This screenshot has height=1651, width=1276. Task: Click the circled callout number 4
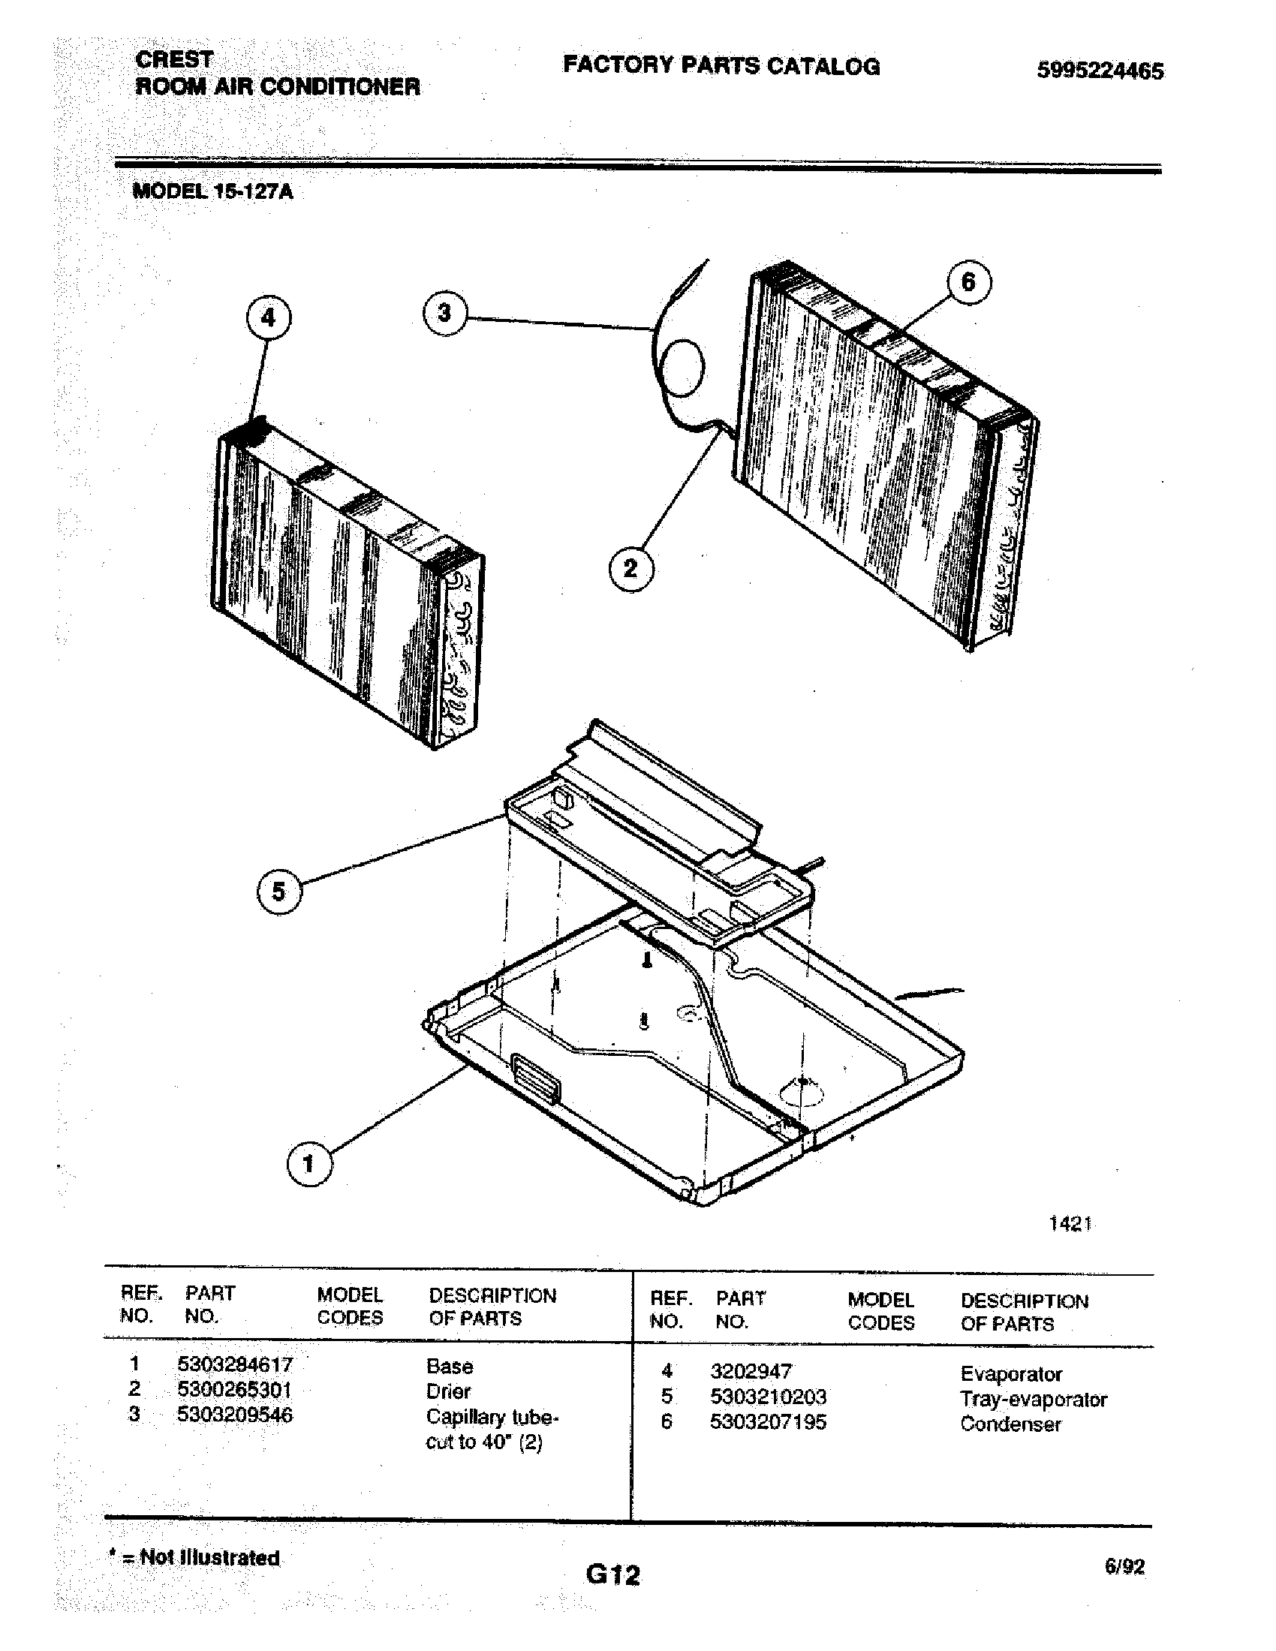coord(269,317)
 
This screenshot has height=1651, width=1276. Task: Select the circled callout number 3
coord(444,312)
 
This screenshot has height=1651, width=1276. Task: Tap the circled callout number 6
coord(968,282)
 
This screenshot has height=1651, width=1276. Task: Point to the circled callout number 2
coord(630,568)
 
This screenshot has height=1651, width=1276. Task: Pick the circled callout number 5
coord(279,892)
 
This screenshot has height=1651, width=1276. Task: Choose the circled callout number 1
coord(308,1164)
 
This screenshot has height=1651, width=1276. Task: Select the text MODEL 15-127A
coord(213,191)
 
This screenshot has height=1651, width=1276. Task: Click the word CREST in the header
coord(174,59)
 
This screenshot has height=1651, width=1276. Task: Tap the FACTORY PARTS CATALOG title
coord(721,66)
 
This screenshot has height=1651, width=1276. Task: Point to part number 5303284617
coord(234,1364)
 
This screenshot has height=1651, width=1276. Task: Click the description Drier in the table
coord(448,1391)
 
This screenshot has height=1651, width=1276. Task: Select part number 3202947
coord(751,1371)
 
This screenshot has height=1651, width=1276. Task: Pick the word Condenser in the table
coord(1011,1424)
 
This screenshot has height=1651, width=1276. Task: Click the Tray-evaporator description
coord(1034,1400)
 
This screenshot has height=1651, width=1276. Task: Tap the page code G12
coord(612,1574)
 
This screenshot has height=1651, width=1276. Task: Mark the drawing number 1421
coord(1070,1224)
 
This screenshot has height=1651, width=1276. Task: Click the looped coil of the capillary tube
coord(682,368)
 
